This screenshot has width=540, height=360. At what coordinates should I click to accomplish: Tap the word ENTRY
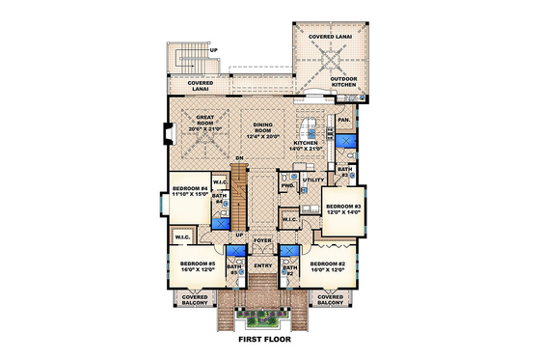click(262, 265)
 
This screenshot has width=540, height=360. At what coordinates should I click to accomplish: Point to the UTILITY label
click(313, 180)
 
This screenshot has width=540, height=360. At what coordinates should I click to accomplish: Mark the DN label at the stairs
click(238, 158)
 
